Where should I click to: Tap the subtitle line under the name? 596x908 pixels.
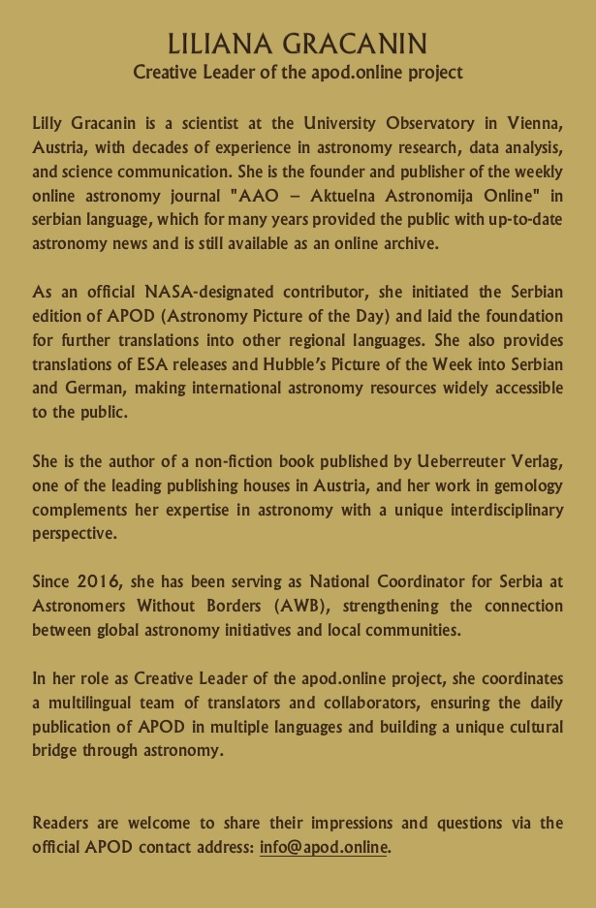(298, 72)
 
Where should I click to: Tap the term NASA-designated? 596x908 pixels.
(185, 292)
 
